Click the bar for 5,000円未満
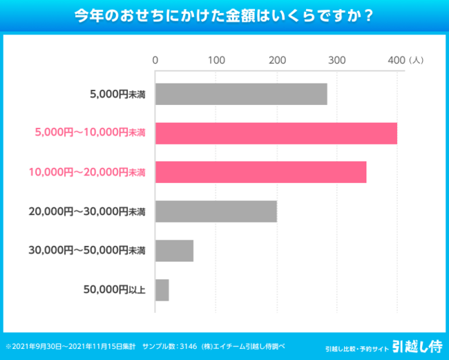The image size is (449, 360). coord(241,94)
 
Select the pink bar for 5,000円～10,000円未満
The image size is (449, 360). coord(276,133)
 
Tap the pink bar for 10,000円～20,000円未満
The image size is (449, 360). coord(260,172)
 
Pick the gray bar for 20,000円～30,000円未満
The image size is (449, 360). coord(216,211)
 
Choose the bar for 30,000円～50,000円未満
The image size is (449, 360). coord(174,251)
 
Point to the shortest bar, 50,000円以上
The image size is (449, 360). coord(162,290)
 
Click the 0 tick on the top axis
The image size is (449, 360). coord(155,60)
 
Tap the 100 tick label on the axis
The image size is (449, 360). coord(216,60)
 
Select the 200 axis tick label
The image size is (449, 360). coord(276,60)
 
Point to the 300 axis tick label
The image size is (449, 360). coord(336,60)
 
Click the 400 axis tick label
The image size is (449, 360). coord(397,60)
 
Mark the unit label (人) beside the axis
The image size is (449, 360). coord(417,60)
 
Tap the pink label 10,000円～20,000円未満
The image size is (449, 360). coord(88,172)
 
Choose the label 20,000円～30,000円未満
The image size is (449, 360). coord(87,211)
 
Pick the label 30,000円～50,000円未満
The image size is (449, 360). coord(87,251)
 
